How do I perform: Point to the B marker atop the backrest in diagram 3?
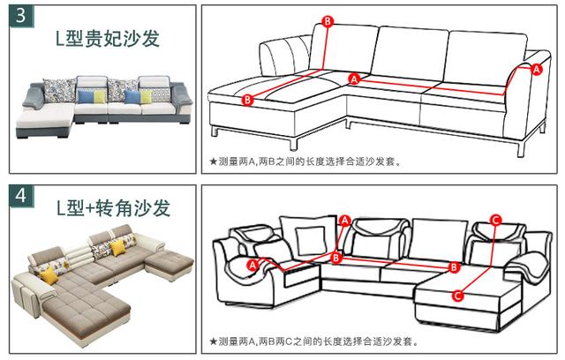[x=328, y=20]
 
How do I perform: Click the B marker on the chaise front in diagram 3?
[x=247, y=101]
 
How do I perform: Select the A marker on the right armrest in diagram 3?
[x=534, y=68]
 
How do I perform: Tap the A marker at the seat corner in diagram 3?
[x=355, y=79]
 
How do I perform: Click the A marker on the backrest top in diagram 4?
[x=344, y=220]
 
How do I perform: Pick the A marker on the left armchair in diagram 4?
[x=253, y=264]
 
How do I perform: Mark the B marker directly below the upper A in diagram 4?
[x=335, y=258]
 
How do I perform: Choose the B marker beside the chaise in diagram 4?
[x=454, y=266]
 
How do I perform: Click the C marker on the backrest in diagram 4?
[x=495, y=220]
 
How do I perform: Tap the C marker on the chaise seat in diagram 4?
[x=458, y=296]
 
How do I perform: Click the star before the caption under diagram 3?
[x=213, y=161]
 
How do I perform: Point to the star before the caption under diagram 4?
[x=213, y=341]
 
